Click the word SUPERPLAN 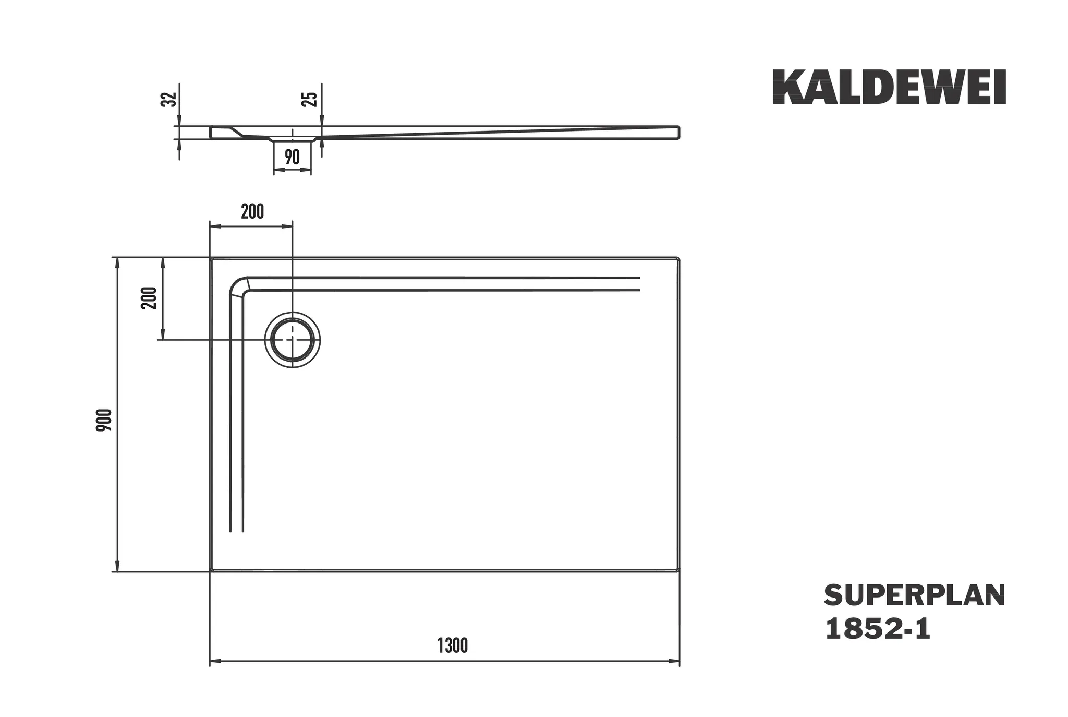pos(914,595)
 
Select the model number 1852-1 pos(878,629)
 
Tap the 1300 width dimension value pos(452,646)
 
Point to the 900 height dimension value pos(104,420)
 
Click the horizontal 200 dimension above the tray pos(252,212)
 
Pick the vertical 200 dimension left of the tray pos(150,298)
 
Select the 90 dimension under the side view pos(292,157)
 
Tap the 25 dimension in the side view pos(310,99)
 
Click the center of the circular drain pos(293,340)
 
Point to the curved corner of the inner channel pos(238,286)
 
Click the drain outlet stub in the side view pos(292,139)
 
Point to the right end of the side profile pos(678,133)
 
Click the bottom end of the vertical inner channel pos(237,531)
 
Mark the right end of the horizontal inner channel pos(638,284)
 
